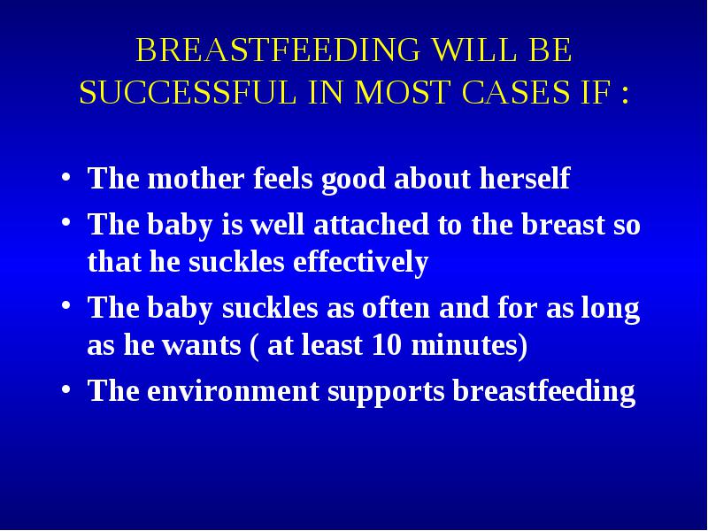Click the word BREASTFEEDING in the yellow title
278,50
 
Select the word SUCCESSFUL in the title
188,92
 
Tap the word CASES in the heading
516,92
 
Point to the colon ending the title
625,94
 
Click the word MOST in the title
403,92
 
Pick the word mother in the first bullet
196,178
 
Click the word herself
525,178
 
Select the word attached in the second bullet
371,224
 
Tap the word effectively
360,262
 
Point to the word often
396,307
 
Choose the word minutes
469,345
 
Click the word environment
234,390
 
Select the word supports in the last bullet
386,392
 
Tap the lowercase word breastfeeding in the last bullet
544,391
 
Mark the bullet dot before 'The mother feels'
65,176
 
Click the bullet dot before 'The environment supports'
65,389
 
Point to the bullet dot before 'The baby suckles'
65,305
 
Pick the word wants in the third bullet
203,346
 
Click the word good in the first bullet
353,180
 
